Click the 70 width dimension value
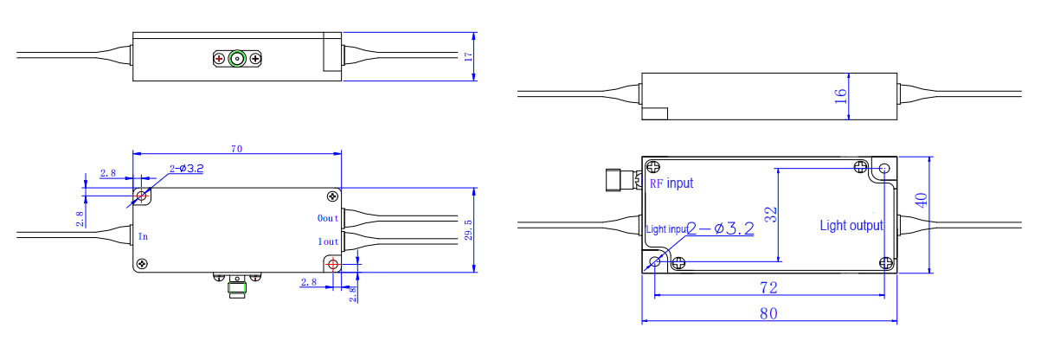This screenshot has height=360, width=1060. pyautogui.click(x=236, y=149)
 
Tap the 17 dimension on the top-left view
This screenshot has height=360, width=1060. pyautogui.click(x=468, y=56)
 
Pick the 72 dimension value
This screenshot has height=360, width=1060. pyautogui.click(x=768, y=286)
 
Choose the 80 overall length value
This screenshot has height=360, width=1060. pyautogui.click(x=768, y=313)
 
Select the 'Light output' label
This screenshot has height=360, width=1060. pyautogui.click(x=851, y=226)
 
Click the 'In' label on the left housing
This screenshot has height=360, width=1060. pyautogui.click(x=143, y=235)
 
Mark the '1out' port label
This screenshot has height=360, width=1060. pyautogui.click(x=329, y=241)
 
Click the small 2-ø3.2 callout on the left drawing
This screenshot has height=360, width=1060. pyautogui.click(x=186, y=169)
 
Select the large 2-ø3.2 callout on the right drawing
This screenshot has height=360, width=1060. pyautogui.click(x=721, y=228)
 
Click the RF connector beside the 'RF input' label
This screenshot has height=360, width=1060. pyautogui.click(x=619, y=180)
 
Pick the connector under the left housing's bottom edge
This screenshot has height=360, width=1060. pyautogui.click(x=236, y=285)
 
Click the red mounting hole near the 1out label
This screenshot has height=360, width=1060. pyautogui.click(x=333, y=263)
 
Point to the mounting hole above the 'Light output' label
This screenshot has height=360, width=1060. pyautogui.click(x=884, y=168)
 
